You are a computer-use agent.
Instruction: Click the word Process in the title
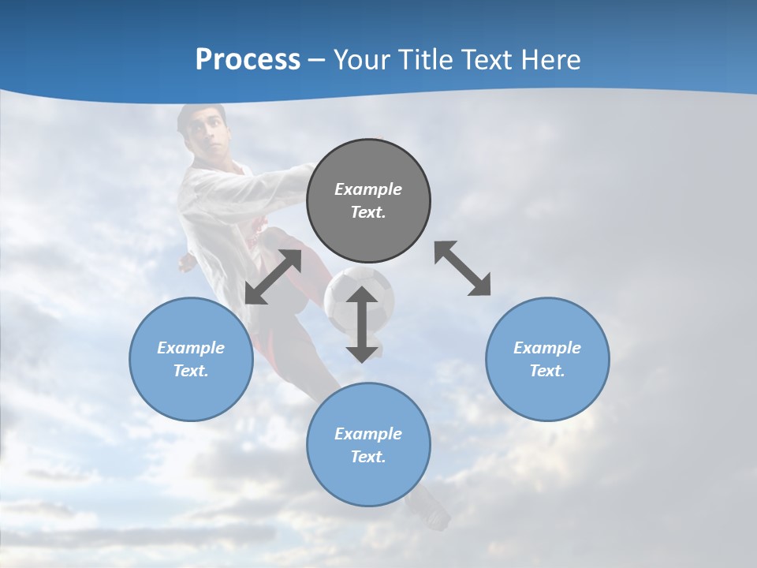click(248, 59)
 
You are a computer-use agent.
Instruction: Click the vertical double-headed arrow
click(362, 324)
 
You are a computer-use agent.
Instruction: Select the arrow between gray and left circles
click(273, 277)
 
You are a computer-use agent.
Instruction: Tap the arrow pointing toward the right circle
click(463, 269)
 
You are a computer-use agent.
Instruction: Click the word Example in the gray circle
click(368, 189)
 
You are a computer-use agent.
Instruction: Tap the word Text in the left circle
click(191, 371)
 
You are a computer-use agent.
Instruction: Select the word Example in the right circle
click(547, 348)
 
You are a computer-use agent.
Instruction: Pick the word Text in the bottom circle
click(368, 457)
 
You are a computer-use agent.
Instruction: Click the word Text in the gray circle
click(368, 212)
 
